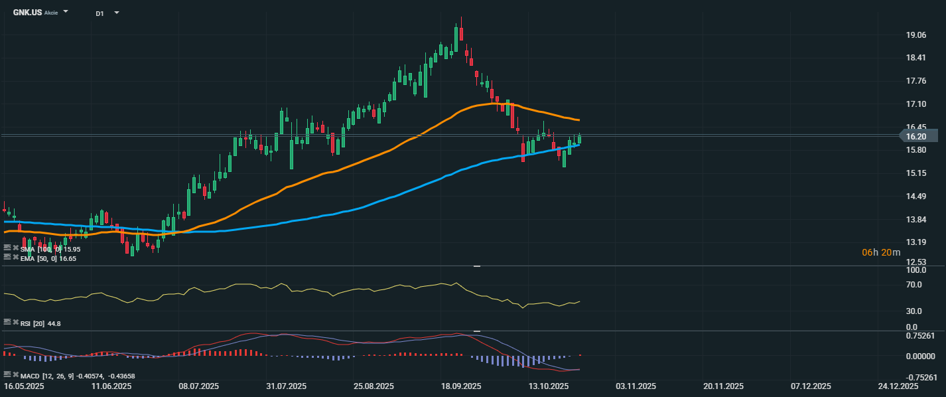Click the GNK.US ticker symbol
pos(27,13)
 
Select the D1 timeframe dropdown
pos(100,13)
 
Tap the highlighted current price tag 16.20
pos(917,136)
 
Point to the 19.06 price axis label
pos(916,35)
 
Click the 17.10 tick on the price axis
pos(916,104)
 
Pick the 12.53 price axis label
pos(916,262)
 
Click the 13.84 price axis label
pos(916,220)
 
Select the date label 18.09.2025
pos(461,386)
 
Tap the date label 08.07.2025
pos(200,386)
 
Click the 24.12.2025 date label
pos(898,386)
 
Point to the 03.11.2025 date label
pos(636,386)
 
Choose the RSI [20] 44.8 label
pos(41,323)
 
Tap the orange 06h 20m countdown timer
pos(881,252)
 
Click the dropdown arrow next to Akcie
pos(66,12)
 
